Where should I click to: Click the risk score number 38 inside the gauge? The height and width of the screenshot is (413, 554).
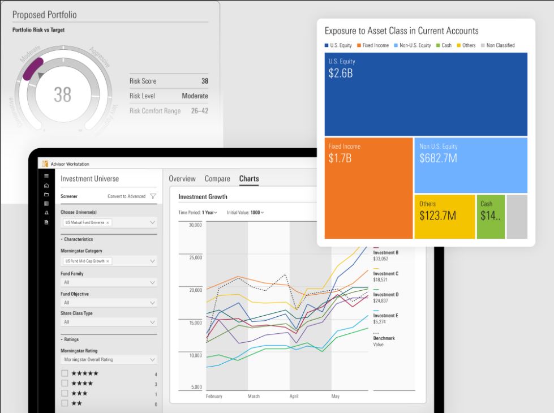[62, 94]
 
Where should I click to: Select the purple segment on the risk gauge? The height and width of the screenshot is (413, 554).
[32, 68]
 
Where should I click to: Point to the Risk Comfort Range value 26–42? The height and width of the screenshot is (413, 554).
[198, 111]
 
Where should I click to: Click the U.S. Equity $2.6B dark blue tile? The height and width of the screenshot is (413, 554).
[426, 94]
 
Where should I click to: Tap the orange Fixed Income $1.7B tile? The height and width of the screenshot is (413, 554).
[368, 188]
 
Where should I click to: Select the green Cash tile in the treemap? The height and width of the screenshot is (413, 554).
[490, 217]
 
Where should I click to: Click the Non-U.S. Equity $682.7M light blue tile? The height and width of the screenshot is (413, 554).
[470, 165]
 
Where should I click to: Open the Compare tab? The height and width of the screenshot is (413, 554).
[217, 179]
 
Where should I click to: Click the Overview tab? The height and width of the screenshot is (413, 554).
[182, 179]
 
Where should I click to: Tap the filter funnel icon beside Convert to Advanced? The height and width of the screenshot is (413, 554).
[153, 196]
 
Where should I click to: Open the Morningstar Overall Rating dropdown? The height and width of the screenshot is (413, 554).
[109, 359]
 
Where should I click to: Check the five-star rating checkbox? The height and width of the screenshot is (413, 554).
[65, 373]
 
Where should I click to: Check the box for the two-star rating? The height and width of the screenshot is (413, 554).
[65, 403]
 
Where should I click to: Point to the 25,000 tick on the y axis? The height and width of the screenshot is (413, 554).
[195, 257]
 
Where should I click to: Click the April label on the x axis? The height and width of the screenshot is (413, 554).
[293, 397]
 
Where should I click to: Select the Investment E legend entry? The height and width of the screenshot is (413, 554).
[385, 316]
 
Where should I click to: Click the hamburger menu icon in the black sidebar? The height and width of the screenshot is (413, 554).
[46, 176]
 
